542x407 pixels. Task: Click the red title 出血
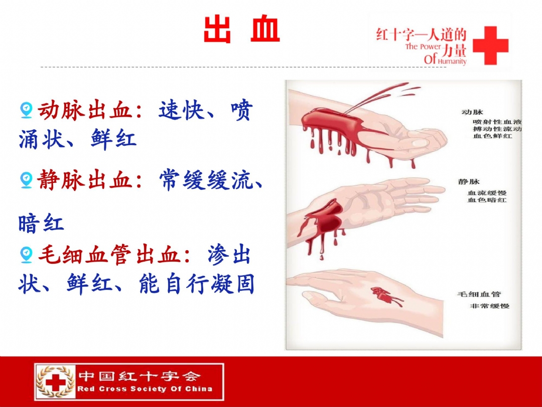tap(241, 29)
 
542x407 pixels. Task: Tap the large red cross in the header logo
tap(490, 45)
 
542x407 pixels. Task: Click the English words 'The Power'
tap(424, 47)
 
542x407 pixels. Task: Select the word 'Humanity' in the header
tap(452, 62)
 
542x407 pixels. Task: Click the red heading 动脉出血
tap(85, 111)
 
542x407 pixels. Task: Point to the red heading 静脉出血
tap(85, 180)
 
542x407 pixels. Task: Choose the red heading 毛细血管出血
tap(109, 255)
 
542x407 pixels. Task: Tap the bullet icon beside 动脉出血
tap(26, 110)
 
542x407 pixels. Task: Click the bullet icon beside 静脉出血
tap(26, 180)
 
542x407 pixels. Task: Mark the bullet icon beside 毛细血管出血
tap(26, 255)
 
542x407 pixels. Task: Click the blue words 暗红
tap(41, 223)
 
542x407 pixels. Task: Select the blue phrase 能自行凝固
tap(197, 284)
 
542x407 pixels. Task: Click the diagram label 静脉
tap(469, 182)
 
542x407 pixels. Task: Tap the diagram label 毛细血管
tap(479, 294)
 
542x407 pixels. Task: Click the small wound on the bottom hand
tap(384, 295)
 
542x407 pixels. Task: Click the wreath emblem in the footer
tap(56, 382)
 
